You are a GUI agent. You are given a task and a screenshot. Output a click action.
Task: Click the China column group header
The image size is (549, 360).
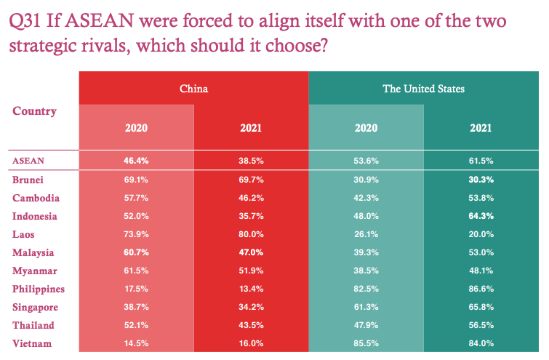(x=193, y=89)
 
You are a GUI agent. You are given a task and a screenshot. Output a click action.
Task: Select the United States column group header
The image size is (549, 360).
(x=423, y=89)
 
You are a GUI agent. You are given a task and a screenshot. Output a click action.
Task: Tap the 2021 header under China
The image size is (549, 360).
(x=251, y=127)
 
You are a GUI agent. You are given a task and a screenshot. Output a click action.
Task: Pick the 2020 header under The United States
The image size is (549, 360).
(x=366, y=127)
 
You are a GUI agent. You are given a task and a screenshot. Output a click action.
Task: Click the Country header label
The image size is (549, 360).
(x=34, y=111)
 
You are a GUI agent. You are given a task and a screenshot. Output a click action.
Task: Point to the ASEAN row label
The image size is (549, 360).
(x=28, y=160)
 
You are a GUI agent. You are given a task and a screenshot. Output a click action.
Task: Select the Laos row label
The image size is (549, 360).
(x=24, y=234)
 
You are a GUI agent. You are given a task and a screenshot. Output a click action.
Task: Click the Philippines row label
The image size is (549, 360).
(x=39, y=289)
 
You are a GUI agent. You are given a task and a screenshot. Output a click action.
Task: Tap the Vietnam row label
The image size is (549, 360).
(x=31, y=343)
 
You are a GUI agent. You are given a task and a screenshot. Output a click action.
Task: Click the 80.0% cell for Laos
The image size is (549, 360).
(x=251, y=234)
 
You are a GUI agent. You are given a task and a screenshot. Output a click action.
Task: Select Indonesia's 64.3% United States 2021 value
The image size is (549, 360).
(x=481, y=216)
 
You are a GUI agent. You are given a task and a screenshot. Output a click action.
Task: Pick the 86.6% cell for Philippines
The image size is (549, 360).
(x=481, y=289)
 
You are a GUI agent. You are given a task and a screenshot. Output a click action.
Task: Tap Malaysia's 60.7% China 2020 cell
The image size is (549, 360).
(x=136, y=252)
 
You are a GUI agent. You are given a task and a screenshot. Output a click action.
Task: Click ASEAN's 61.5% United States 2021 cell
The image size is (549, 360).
(x=481, y=160)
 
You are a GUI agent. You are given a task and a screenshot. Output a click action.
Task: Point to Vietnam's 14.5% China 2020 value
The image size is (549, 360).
(x=136, y=343)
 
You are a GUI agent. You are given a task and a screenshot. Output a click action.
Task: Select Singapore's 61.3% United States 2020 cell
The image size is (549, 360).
(x=366, y=307)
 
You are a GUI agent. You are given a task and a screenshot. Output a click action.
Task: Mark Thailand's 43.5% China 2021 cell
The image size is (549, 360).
(x=251, y=325)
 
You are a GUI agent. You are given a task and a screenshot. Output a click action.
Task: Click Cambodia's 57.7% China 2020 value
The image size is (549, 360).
(x=136, y=198)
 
